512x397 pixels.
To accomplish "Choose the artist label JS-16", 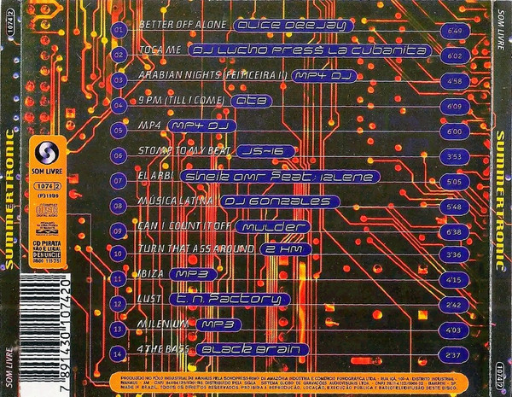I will pyautogui.click(x=249, y=153).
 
